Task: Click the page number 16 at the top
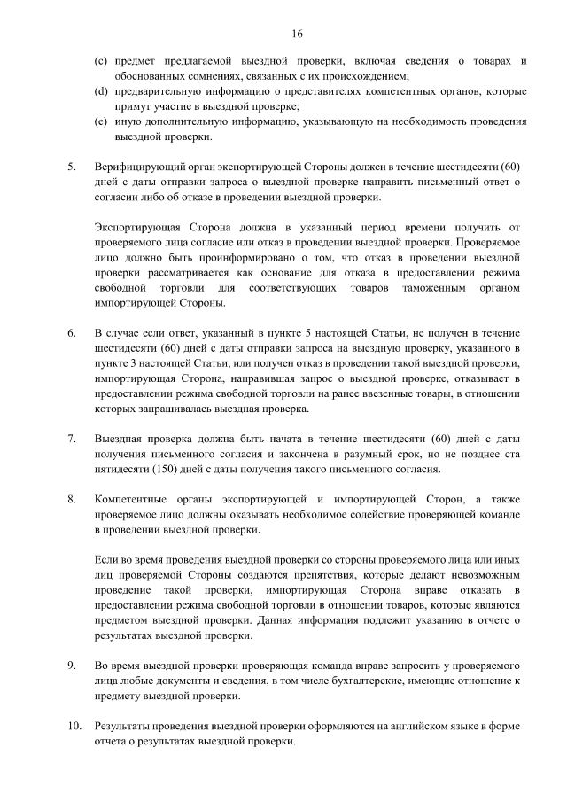297,33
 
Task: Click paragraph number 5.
72,166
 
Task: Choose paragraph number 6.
72,333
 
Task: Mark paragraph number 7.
72,439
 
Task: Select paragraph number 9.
72,665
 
